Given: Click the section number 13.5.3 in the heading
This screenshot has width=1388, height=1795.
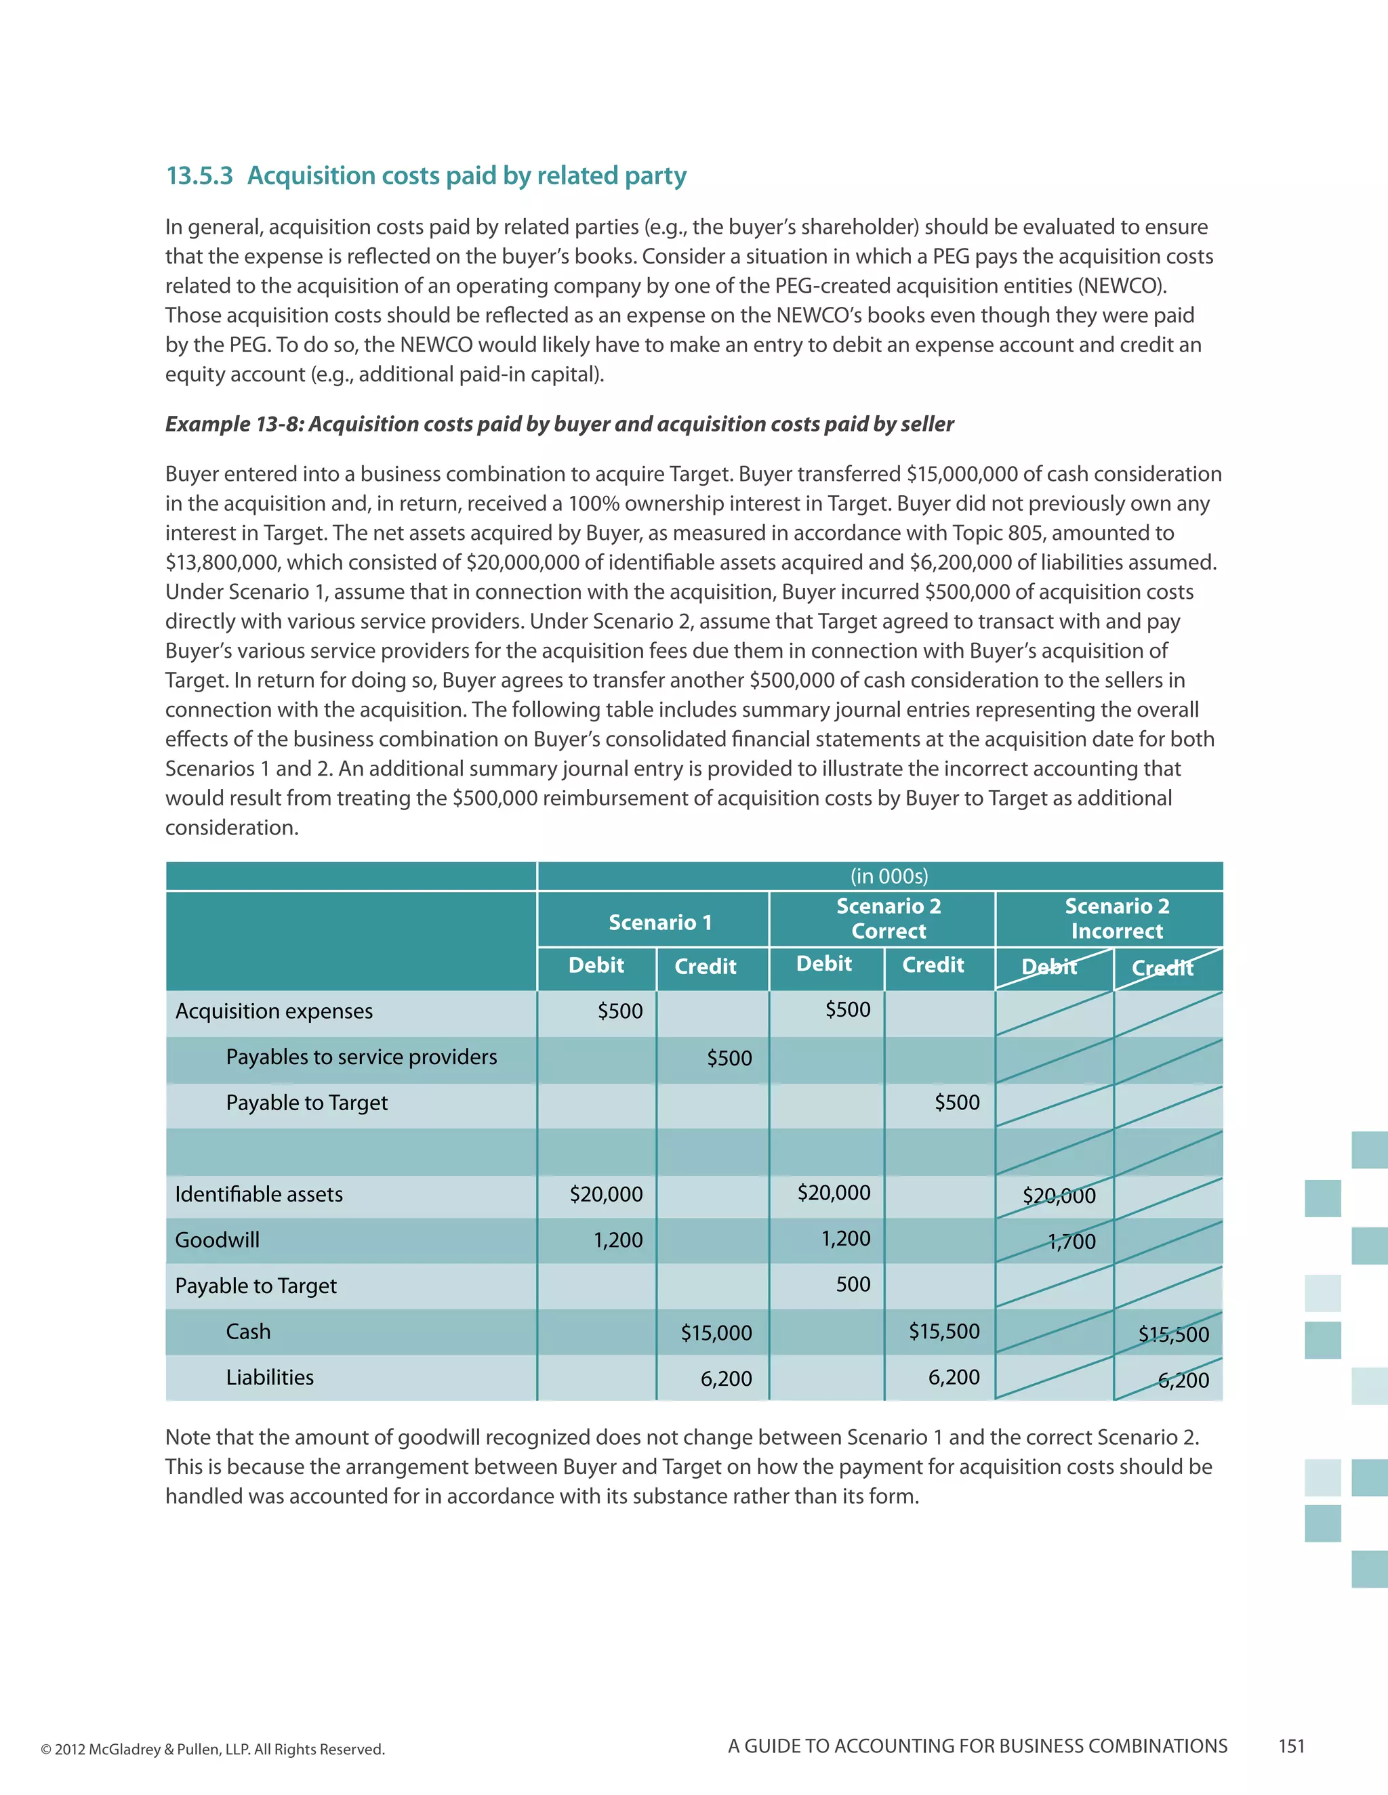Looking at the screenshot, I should (x=200, y=176).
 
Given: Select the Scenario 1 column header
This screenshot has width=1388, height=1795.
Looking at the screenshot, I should (x=659, y=922).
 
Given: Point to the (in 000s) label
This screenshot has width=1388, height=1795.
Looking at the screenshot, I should (x=889, y=876).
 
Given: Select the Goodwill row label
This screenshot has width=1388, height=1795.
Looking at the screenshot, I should (x=217, y=1240).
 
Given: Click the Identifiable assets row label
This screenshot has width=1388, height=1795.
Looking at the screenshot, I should (x=258, y=1194).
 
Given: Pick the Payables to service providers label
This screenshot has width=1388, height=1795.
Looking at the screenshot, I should (x=361, y=1057).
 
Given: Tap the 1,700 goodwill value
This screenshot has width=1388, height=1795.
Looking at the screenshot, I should (x=1071, y=1241).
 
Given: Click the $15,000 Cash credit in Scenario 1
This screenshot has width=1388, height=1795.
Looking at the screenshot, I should (x=716, y=1332).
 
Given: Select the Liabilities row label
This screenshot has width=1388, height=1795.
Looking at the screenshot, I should (x=270, y=1378).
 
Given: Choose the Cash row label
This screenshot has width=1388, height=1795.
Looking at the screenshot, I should (x=247, y=1332).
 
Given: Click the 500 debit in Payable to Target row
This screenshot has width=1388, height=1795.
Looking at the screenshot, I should (x=853, y=1284).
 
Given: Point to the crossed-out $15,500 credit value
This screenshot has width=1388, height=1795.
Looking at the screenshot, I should (x=1173, y=1334).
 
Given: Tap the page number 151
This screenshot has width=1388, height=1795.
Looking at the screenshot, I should (x=1291, y=1746).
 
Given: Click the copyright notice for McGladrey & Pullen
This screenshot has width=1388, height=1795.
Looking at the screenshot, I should (x=212, y=1749).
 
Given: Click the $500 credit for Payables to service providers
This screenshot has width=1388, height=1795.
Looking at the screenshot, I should (x=729, y=1058).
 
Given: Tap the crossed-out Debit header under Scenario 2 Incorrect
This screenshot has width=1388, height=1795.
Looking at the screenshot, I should (x=1048, y=967).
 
